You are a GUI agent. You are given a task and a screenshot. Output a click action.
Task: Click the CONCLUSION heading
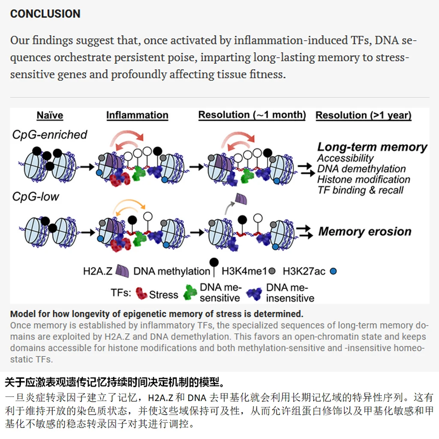coord(45,14)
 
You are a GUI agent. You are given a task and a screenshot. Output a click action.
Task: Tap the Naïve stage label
coord(50,116)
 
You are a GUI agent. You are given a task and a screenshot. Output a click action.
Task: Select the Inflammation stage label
coord(137,116)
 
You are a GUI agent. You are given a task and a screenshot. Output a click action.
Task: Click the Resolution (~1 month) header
coord(252,115)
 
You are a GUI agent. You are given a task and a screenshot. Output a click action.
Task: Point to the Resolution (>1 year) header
coord(364,116)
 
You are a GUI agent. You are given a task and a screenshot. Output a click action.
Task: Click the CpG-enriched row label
coord(49,135)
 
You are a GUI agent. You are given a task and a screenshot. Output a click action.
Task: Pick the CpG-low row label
coord(36,197)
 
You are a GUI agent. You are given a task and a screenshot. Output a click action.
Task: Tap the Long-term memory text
coord(372,147)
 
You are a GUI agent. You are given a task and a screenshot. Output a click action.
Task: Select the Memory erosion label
coord(365,231)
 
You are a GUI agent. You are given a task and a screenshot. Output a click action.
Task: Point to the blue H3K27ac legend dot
coord(334,271)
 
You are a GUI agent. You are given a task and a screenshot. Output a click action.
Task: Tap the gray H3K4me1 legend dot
coord(272,271)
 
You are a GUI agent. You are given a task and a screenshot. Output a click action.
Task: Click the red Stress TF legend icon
coord(141,293)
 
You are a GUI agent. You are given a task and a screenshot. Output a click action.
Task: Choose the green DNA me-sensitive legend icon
coord(190,293)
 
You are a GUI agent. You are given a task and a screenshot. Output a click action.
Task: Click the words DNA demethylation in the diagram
coord(361,169)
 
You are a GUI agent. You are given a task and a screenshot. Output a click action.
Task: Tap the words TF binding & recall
coord(360,190)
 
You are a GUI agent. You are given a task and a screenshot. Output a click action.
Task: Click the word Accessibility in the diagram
coord(346,158)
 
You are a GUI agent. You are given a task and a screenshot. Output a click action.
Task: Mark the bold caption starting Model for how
coord(156,313)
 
